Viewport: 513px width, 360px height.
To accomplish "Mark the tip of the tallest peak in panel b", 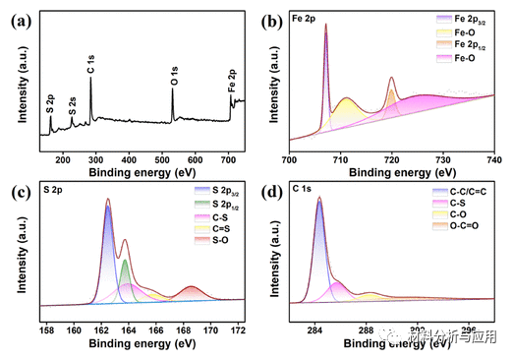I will point(325,25).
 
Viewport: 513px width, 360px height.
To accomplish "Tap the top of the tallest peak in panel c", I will point(107,200).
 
